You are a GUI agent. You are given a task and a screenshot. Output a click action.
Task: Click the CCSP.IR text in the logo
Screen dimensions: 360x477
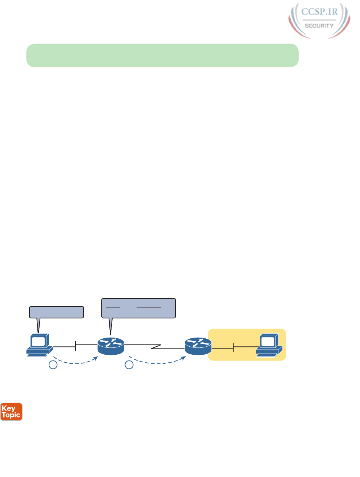319,12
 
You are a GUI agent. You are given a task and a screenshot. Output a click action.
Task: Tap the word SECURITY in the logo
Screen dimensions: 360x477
319,26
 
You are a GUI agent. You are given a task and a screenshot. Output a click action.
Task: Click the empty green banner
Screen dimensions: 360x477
162,56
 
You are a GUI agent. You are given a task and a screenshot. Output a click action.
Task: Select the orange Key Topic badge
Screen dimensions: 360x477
11,412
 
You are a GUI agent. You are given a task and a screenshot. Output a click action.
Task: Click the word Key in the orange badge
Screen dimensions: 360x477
8,408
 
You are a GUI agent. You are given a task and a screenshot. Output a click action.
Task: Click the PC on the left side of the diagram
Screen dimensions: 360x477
40,345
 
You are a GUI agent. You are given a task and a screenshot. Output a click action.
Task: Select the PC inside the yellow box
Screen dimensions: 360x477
269,345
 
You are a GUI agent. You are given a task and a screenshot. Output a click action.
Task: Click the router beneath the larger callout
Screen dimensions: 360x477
111,346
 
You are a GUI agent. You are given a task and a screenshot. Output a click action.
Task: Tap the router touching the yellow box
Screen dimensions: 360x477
198,346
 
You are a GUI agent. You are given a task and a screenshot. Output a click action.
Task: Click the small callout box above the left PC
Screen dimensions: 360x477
56,312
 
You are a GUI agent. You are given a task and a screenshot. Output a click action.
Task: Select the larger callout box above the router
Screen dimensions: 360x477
138,308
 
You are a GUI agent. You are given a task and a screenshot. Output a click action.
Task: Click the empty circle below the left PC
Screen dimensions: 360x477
53,365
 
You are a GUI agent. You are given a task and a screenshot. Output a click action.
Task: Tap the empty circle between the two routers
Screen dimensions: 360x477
129,365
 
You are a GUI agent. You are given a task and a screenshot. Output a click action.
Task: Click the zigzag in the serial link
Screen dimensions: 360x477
156,347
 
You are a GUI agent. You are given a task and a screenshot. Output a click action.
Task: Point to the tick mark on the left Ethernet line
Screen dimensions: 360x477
76,346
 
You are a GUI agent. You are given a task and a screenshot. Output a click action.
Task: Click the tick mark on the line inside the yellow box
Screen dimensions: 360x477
233,347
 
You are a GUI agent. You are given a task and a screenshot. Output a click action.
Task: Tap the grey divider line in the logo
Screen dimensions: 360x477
319,20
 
